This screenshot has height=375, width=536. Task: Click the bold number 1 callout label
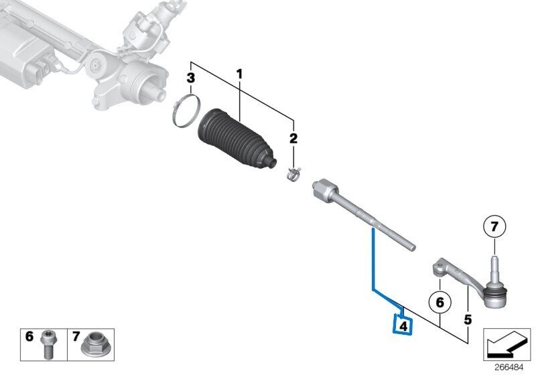click(x=239, y=74)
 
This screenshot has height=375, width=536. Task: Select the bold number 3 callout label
click(x=191, y=78)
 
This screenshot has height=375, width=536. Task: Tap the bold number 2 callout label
click(x=293, y=139)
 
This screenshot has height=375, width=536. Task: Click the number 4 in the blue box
click(x=403, y=327)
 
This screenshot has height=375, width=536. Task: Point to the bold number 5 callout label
click(x=468, y=320)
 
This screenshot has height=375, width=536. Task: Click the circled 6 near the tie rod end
click(x=440, y=302)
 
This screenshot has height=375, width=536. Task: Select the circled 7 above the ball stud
click(x=494, y=226)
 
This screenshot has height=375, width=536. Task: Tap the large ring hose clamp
click(x=186, y=111)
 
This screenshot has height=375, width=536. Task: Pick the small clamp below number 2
click(x=293, y=173)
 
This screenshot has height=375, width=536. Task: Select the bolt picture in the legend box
click(x=48, y=344)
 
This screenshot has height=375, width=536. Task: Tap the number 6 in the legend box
click(x=29, y=336)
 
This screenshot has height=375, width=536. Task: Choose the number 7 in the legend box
click(x=76, y=336)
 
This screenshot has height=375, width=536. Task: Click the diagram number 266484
click(x=509, y=368)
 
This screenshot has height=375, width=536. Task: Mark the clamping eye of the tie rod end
click(x=440, y=267)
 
